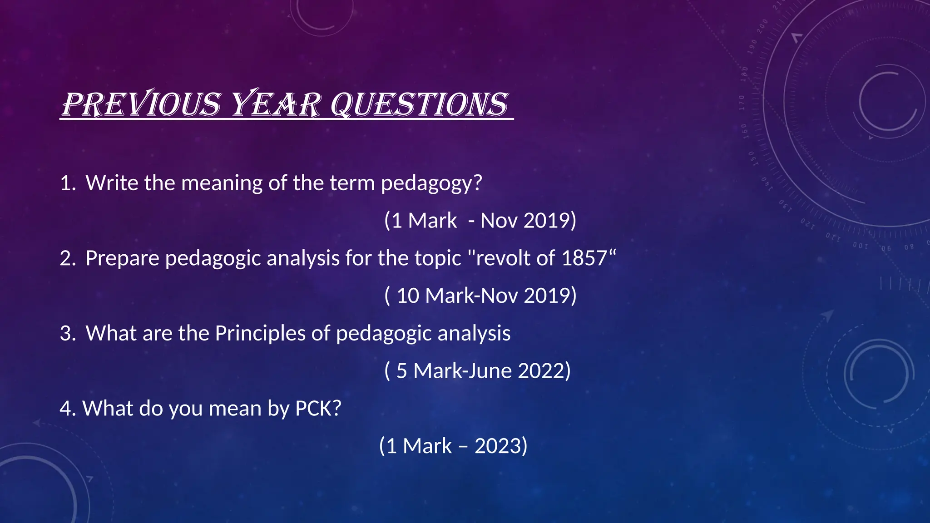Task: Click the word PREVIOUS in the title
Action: pyautogui.click(x=141, y=104)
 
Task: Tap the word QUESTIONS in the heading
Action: pyautogui.click(x=418, y=104)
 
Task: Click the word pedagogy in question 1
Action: pyautogui.click(x=430, y=183)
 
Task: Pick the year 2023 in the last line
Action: pyautogui.click(x=498, y=446)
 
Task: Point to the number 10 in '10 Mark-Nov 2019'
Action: pyautogui.click(x=407, y=296)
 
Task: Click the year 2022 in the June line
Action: pyautogui.click(x=541, y=371)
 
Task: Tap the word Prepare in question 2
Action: pyautogui.click(x=122, y=258)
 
